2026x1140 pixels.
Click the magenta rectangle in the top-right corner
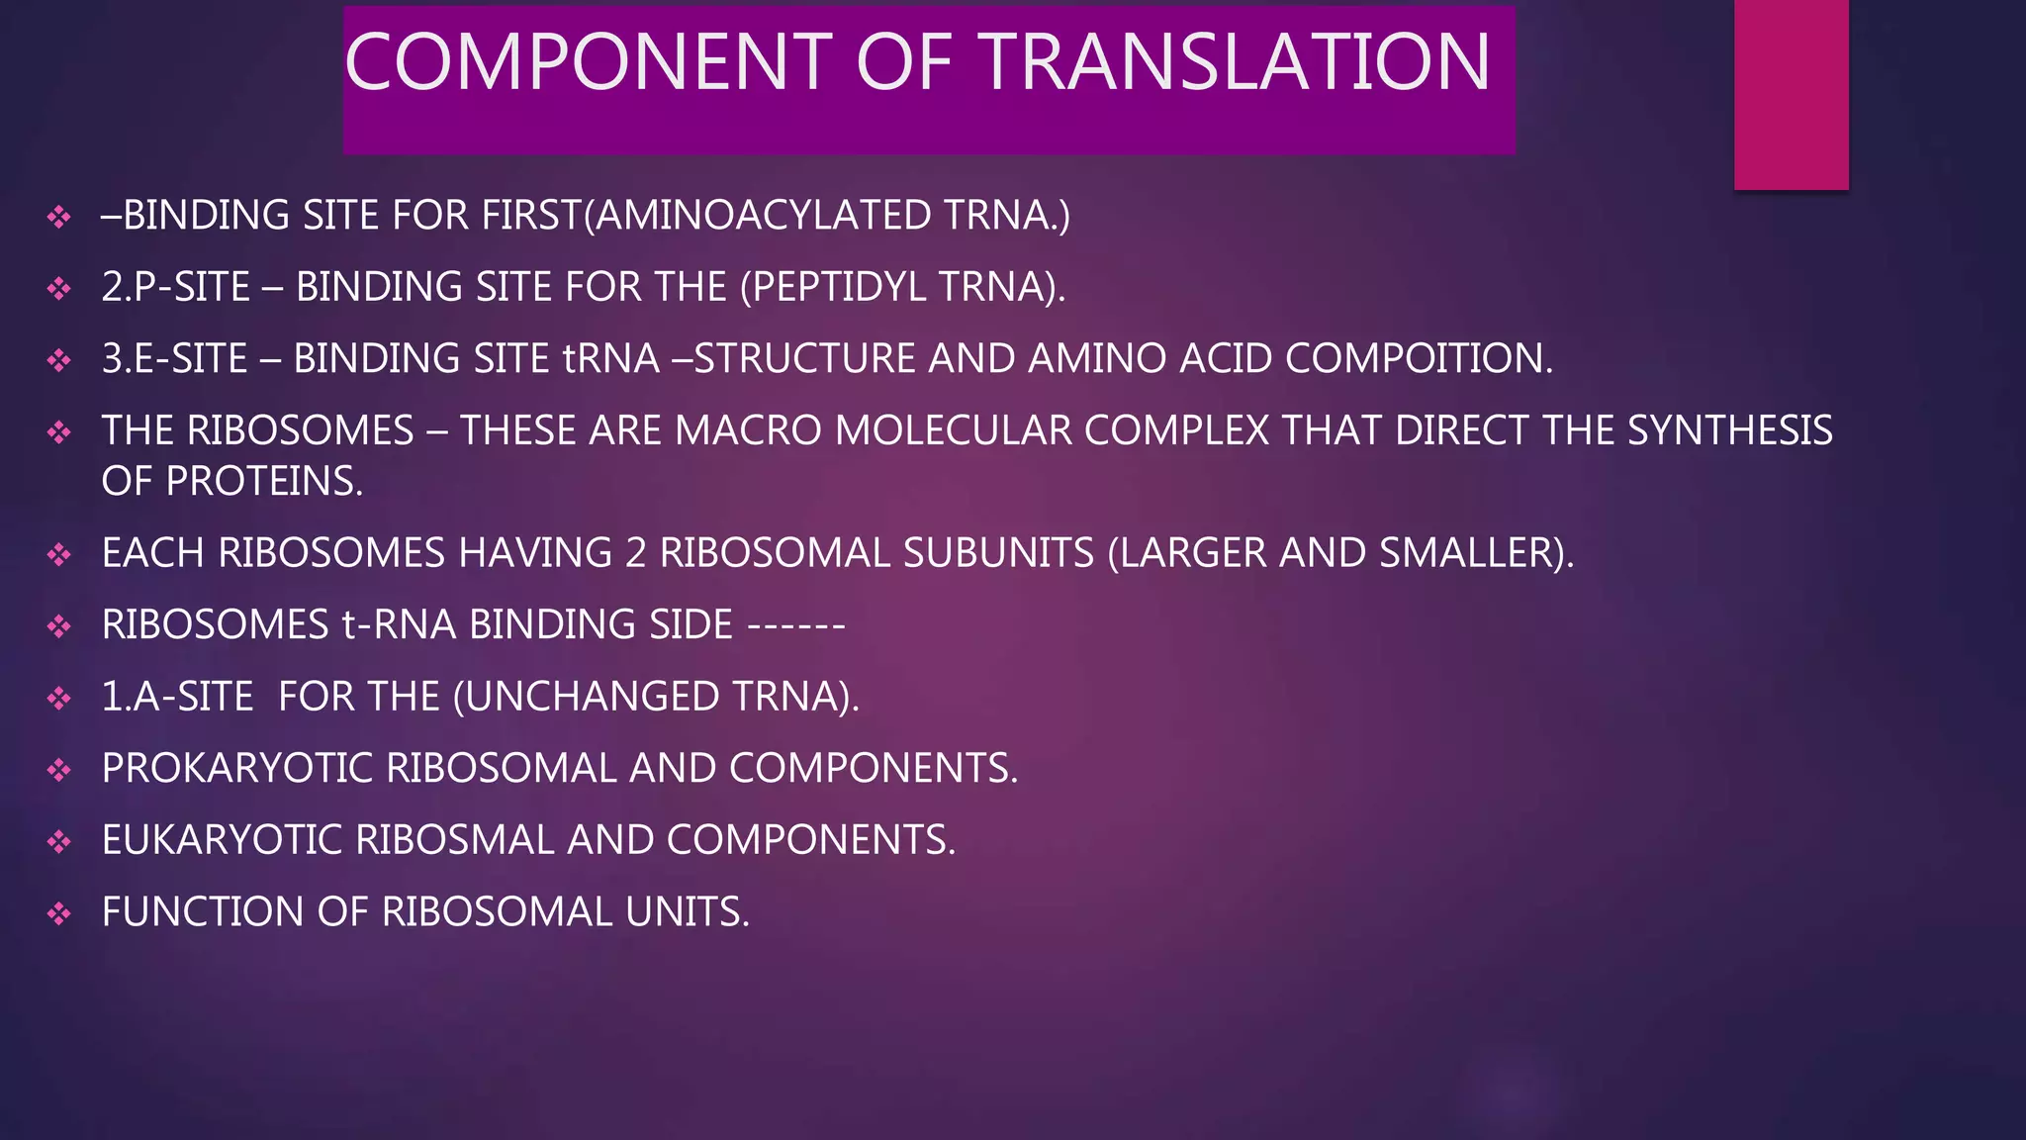pyautogui.click(x=1791, y=94)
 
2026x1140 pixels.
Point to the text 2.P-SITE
pyautogui.click(x=176, y=287)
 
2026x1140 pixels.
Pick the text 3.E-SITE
pyautogui.click(x=175, y=358)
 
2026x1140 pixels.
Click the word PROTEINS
pyautogui.click(x=264, y=482)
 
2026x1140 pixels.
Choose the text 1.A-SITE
pyautogui.click(x=178, y=697)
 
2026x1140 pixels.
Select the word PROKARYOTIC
pyautogui.click(x=237, y=769)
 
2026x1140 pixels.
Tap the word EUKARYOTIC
pyautogui.click(x=223, y=840)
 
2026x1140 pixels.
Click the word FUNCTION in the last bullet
pyautogui.click(x=203, y=912)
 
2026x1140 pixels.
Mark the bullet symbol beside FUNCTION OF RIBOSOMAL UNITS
pyautogui.click(x=59, y=912)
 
